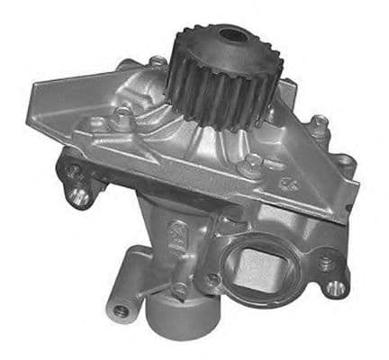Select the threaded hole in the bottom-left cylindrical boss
(x=121, y=310)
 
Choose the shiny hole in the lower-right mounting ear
(x=337, y=286)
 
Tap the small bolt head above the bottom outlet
(x=181, y=288)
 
